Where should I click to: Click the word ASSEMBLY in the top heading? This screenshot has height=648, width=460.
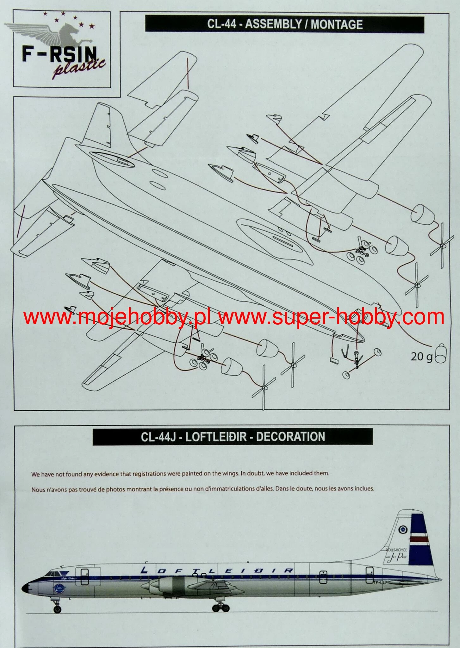click(x=272, y=24)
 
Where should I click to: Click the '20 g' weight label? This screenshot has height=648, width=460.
click(x=421, y=357)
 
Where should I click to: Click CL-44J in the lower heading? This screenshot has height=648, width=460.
click(x=158, y=437)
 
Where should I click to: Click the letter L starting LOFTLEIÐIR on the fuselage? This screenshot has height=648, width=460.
click(x=145, y=570)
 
